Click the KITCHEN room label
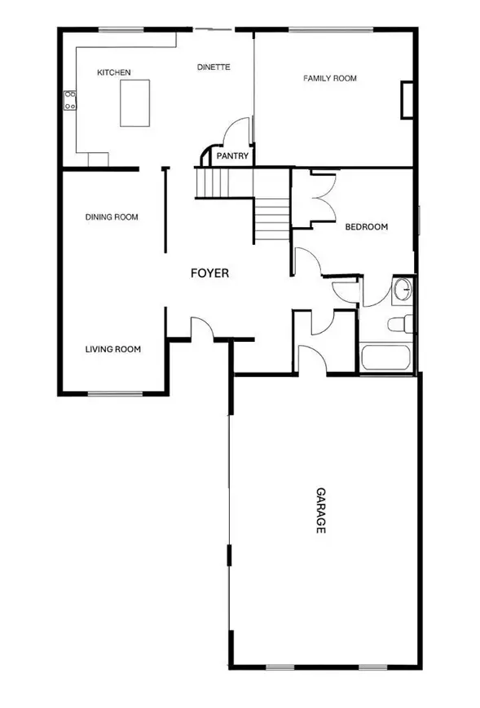113,73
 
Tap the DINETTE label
214,68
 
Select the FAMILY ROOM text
330,78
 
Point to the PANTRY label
232,156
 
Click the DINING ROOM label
112,217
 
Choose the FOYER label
209,273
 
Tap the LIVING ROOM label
113,349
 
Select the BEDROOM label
366,227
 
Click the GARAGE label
320,511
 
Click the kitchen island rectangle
136,102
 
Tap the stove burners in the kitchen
71,100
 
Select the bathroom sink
402,290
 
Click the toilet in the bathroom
399,324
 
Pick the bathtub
385,356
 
